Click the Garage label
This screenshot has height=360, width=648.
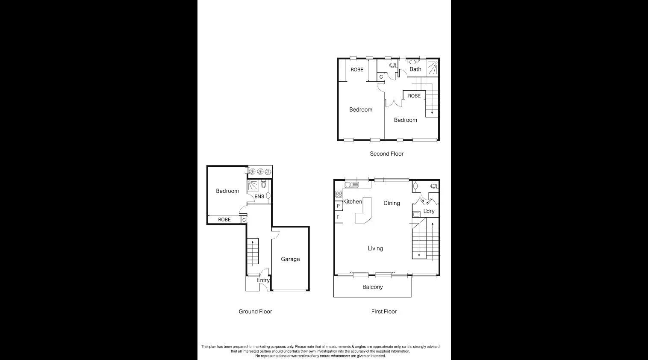tap(290, 259)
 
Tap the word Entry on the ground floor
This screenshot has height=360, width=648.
tap(263, 280)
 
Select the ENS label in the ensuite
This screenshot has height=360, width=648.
tap(259, 197)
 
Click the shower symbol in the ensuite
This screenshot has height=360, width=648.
tap(253, 185)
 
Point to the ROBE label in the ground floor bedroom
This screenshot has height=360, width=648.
tap(224, 220)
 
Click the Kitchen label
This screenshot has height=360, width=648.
tap(353, 202)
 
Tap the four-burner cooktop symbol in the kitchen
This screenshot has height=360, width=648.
tap(339, 194)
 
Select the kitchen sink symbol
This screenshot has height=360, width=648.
tap(352, 185)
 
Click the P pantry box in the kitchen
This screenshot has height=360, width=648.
tap(339, 206)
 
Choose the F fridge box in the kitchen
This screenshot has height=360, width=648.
tap(338, 217)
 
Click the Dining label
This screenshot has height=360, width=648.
tap(392, 203)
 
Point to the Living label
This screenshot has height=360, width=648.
tap(375, 248)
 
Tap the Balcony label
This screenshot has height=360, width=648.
tap(372, 287)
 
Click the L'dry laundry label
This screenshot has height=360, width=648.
tap(429, 211)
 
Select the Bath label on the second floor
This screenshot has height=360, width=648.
tap(415, 69)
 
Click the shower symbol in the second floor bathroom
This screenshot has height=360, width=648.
tap(433, 68)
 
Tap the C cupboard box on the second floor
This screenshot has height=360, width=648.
tap(381, 77)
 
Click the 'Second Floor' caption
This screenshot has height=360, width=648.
tap(386, 153)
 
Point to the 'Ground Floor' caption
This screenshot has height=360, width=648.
tap(255, 311)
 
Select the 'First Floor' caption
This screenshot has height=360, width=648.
tap(384, 311)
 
